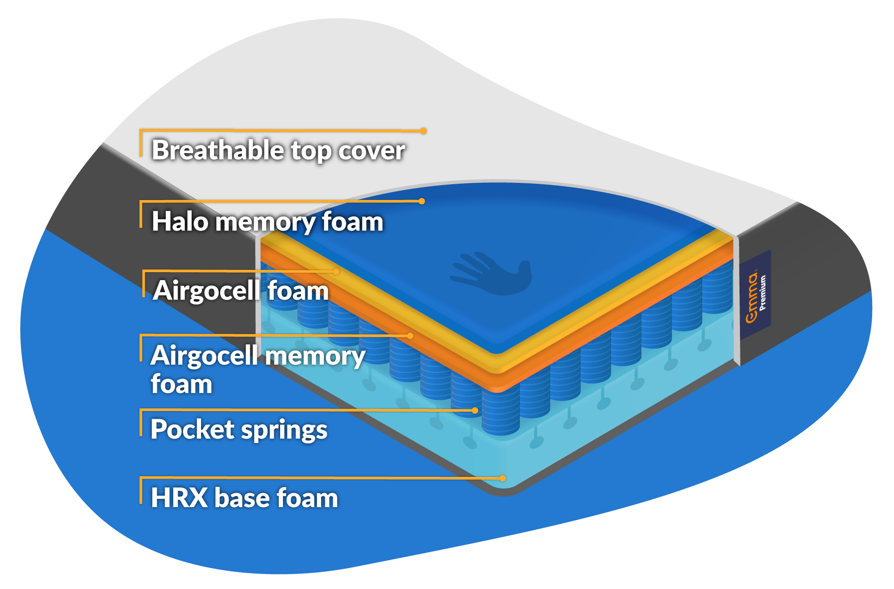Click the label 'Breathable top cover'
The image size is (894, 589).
pyautogui.click(x=278, y=150)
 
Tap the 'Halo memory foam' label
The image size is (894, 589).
pyautogui.click(x=268, y=221)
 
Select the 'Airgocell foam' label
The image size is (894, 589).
pyautogui.click(x=241, y=291)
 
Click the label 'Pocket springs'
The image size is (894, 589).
pyautogui.click(x=239, y=429)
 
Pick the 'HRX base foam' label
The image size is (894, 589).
pyautogui.click(x=244, y=498)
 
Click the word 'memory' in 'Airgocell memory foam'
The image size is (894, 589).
pyautogui.click(x=315, y=356)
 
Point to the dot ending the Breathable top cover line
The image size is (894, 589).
pyautogui.click(x=423, y=131)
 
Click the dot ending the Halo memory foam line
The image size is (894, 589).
pyautogui.click(x=422, y=201)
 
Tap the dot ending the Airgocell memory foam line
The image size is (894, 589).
pyautogui.click(x=410, y=335)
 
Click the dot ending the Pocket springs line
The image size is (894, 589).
pyautogui.click(x=475, y=410)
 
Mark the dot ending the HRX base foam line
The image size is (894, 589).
pyautogui.click(x=503, y=478)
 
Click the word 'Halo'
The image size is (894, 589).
pyautogui.click(x=180, y=221)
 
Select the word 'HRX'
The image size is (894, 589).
pyautogui.click(x=179, y=498)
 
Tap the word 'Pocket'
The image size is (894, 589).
pyautogui.click(x=190, y=429)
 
